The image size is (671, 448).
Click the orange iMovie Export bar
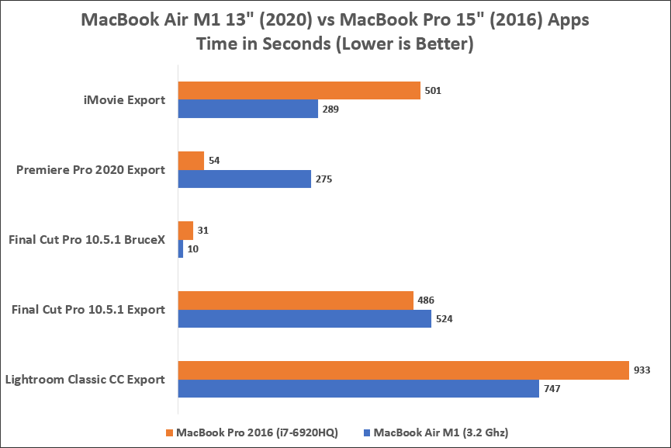(x=299, y=90)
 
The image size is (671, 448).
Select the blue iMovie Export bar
(x=248, y=109)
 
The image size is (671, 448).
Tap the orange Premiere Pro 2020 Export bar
(x=191, y=160)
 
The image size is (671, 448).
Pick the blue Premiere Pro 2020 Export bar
(x=244, y=179)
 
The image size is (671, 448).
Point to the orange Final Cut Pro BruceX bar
(x=185, y=231)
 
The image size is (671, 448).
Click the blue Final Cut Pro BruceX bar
(x=181, y=249)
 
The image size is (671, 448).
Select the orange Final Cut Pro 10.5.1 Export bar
(x=296, y=300)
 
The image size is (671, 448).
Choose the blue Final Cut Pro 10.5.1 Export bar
(x=305, y=319)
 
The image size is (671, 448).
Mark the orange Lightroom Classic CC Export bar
(x=403, y=370)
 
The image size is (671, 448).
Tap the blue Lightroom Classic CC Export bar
(x=358, y=389)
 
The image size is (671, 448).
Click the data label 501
(x=433, y=91)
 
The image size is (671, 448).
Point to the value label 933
(x=642, y=370)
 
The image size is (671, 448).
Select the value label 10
(x=193, y=249)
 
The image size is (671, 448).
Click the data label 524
(x=444, y=319)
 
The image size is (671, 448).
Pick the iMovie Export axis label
(x=124, y=99)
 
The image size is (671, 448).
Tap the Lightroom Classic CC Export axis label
(x=85, y=380)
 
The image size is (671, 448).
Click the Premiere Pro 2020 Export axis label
(x=91, y=169)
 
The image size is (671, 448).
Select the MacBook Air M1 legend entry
(x=441, y=432)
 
